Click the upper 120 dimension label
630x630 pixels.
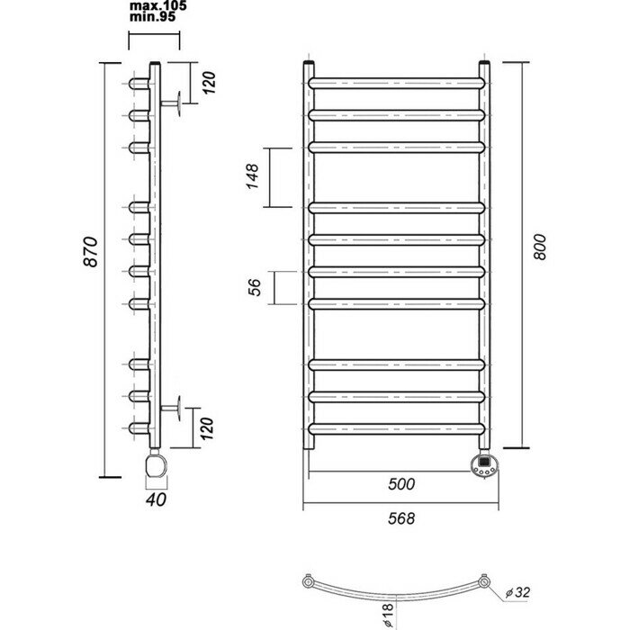coord(208,85)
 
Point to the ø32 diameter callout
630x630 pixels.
coord(519,591)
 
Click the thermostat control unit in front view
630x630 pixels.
coord(483,464)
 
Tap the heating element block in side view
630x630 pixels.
coord(156,466)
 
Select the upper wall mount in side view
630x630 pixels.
coord(178,104)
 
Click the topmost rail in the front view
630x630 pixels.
coord(398,83)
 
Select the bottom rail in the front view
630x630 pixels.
coord(398,426)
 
